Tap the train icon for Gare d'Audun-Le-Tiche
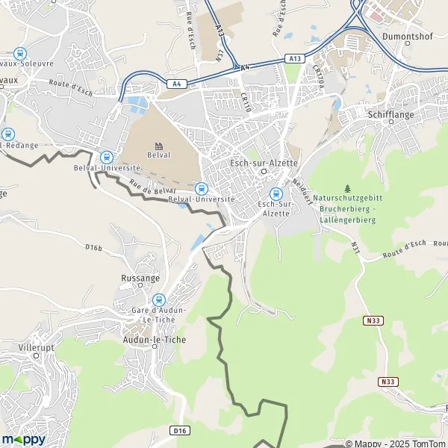(x=157, y=299)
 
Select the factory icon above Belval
(x=158, y=145)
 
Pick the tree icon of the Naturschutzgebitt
(x=346, y=188)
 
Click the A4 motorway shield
(x=177, y=84)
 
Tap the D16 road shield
(x=179, y=430)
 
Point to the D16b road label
(x=93, y=247)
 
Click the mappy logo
(x=24, y=439)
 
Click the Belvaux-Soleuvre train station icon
(x=18, y=54)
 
